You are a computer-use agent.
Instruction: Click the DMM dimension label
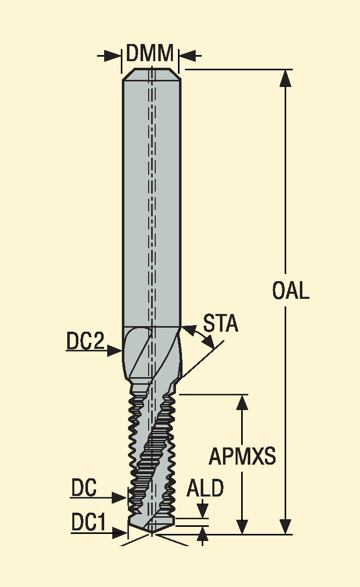coord(150,53)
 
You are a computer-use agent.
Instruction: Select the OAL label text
coord(291,291)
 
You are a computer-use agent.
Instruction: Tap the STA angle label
coord(220,324)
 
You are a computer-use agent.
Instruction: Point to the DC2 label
coord(85,341)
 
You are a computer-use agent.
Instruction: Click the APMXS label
coord(242,456)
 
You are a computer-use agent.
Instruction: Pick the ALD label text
coord(205,488)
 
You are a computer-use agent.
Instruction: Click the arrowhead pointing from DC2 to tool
coord(115,351)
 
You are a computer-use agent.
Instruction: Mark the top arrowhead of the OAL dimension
coord(286,78)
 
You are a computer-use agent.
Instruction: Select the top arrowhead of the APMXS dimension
coord(243,402)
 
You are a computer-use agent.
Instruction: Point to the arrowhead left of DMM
coord(113,56)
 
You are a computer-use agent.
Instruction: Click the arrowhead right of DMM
coord(187,56)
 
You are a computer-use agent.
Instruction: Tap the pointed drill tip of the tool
coord(152,533)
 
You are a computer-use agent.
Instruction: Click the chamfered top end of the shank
coord(152,74)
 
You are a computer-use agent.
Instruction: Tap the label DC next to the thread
coord(84,488)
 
